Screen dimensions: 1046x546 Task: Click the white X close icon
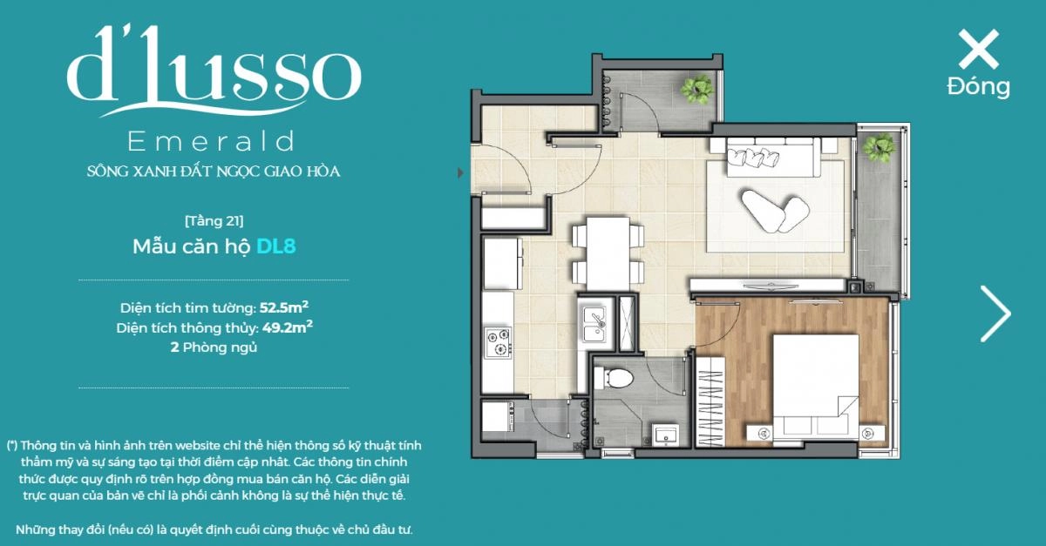(x=978, y=49)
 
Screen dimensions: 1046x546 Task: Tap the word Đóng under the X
(x=978, y=87)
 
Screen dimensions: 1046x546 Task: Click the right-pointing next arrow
(x=995, y=313)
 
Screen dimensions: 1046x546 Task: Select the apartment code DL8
(x=276, y=246)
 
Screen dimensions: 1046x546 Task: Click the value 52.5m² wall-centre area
(x=284, y=307)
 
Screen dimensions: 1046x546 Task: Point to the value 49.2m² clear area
(x=287, y=327)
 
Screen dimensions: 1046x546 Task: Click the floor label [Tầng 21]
(x=214, y=220)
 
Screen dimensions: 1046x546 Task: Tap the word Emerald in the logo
(x=211, y=141)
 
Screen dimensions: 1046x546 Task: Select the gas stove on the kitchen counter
(x=498, y=342)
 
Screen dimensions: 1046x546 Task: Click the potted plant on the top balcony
(x=696, y=89)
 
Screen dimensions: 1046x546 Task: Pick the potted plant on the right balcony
(x=879, y=147)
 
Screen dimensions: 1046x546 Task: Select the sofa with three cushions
(x=773, y=157)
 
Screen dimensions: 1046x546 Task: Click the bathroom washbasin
(x=665, y=435)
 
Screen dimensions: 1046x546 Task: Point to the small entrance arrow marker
(x=460, y=172)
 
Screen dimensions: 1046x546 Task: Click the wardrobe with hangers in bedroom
(x=710, y=401)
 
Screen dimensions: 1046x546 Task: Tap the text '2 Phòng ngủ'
(x=214, y=347)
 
